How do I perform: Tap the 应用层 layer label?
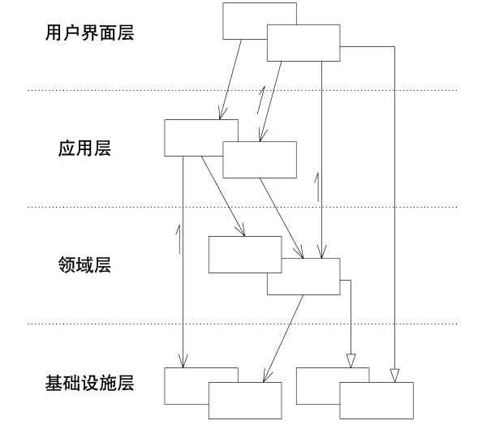(84, 148)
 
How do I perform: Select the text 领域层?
(84, 265)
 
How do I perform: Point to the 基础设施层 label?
(89, 383)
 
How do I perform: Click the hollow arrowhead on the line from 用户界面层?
(394, 374)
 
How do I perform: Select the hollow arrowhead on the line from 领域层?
(351, 360)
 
